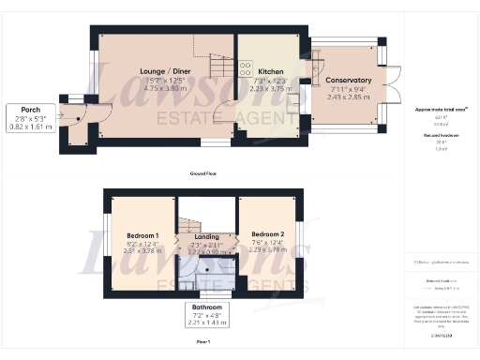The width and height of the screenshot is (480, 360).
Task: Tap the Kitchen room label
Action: pos(271,71)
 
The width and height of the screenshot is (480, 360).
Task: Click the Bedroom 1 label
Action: pos(142,234)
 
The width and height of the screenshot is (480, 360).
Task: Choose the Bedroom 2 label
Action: pos(267,234)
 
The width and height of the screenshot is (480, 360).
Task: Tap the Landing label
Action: pos(205,237)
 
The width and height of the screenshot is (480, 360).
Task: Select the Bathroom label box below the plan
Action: pos(206,314)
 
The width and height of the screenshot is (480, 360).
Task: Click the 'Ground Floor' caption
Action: pos(203,174)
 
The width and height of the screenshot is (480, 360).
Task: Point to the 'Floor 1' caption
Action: pos(203,343)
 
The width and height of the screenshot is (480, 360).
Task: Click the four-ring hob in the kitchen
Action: pos(246,67)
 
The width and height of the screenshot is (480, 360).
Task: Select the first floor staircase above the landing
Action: pos(190,223)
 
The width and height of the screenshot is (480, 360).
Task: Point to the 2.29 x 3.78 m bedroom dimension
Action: pos(267,249)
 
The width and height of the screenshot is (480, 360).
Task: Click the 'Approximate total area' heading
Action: pos(441,110)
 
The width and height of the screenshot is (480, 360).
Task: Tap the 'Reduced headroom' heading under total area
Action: pos(438,135)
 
